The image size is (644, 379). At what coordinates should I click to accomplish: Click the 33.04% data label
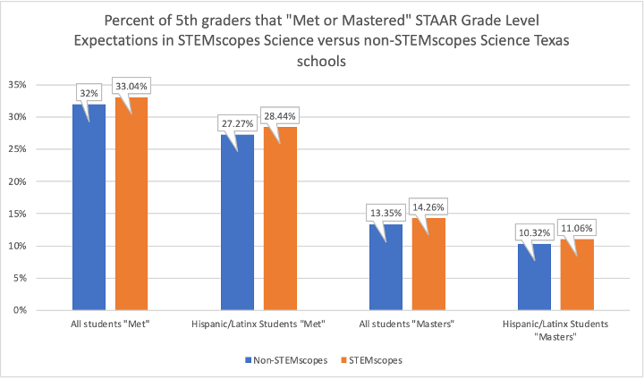coord(131,87)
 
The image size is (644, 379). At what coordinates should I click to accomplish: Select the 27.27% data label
coord(236,122)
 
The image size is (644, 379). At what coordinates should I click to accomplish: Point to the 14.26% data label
coord(428,206)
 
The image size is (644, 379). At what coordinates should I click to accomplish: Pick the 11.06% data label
coord(577,226)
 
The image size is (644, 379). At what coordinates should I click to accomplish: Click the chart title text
coord(322,41)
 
